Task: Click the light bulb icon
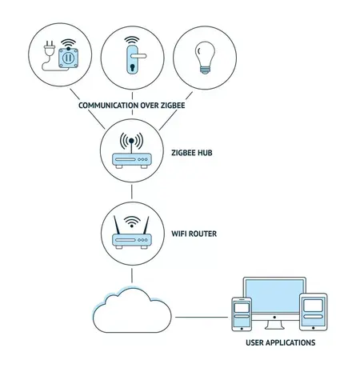click(206, 55)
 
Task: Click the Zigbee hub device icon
click(132, 160)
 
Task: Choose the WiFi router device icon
click(132, 238)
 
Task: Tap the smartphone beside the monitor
click(242, 314)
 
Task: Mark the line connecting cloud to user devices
click(201, 317)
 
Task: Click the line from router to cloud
click(132, 274)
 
